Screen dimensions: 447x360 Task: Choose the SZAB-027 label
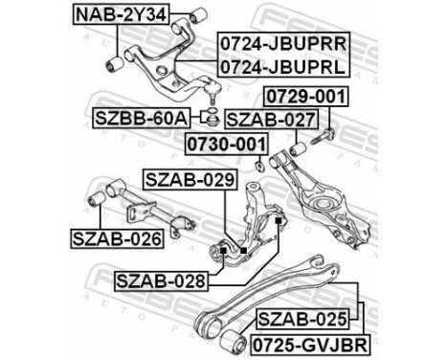click(x=257, y=120)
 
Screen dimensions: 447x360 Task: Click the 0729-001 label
click(x=306, y=98)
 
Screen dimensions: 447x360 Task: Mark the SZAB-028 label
click(x=160, y=281)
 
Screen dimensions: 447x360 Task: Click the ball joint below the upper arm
click(x=212, y=94)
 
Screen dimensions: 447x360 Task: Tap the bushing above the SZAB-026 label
click(x=97, y=200)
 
